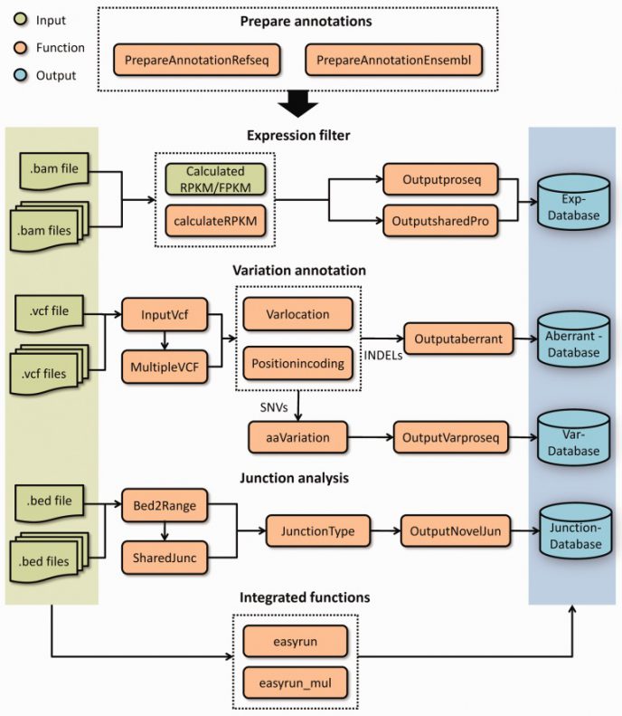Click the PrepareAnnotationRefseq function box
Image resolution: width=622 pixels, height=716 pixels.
click(x=199, y=61)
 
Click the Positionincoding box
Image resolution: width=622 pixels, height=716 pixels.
click(x=297, y=364)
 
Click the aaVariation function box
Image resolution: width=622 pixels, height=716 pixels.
click(x=291, y=437)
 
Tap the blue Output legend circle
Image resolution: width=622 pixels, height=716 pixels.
click(x=19, y=76)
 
